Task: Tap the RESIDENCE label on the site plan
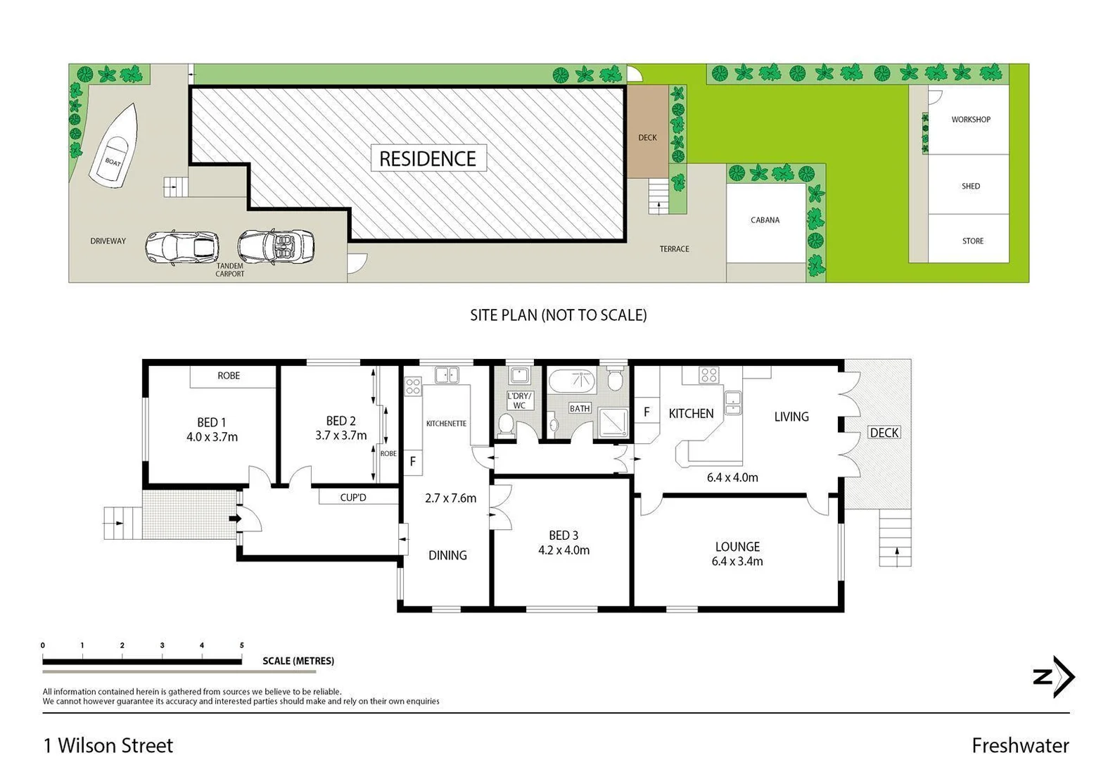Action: [x=428, y=159]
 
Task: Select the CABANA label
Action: [x=765, y=220]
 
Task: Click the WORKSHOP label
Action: [x=971, y=120]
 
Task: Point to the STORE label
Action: [x=972, y=241]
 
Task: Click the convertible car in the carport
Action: [x=276, y=246]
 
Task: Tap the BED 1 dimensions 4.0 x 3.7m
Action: [x=212, y=437]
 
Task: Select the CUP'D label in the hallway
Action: [x=353, y=498]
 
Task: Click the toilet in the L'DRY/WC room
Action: [x=505, y=424]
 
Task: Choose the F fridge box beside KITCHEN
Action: [x=647, y=412]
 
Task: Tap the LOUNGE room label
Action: [x=737, y=546]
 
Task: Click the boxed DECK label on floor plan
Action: [x=884, y=432]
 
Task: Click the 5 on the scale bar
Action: [x=241, y=645]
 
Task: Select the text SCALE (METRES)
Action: [x=298, y=661]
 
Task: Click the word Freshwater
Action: [x=1019, y=745]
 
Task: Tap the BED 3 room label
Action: [x=563, y=536]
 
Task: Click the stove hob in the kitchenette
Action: [x=412, y=385]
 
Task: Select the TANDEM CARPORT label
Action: [x=230, y=270]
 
